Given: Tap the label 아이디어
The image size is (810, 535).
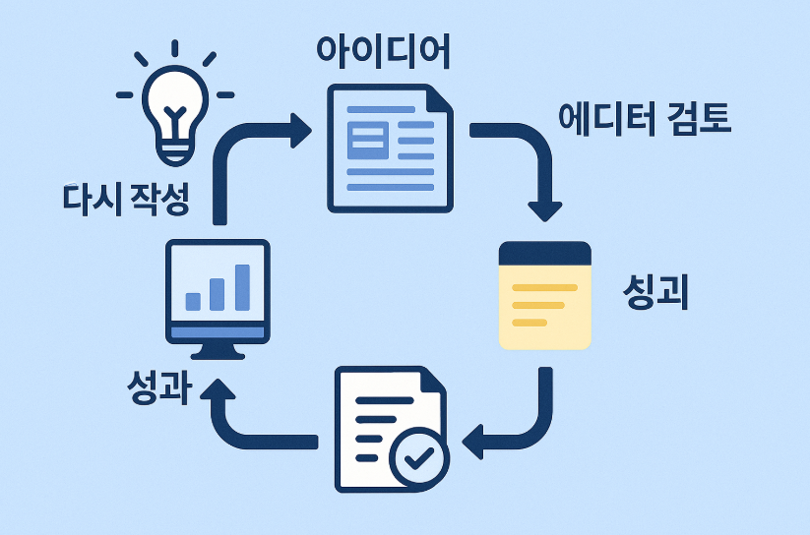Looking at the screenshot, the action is pos(383,51).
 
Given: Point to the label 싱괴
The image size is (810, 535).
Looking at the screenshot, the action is pos(655,291).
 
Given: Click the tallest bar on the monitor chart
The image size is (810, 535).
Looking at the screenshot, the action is pos(242,286).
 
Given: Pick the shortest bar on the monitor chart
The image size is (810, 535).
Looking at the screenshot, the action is pos(194,300).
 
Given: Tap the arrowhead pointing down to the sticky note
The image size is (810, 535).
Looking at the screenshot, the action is pos(544,209).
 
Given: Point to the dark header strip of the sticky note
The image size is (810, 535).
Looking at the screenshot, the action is pos(544,252).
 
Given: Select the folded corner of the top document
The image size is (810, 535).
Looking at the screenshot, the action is pos(440,98).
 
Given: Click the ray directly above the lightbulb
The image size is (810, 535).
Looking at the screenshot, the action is pos(174,48).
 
